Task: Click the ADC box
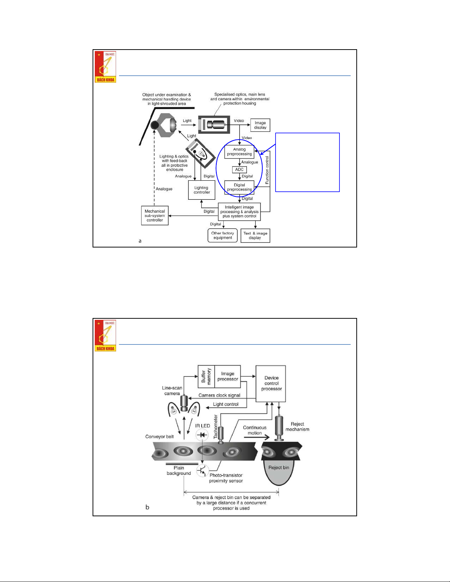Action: click(x=239, y=170)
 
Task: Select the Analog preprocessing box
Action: click(x=239, y=152)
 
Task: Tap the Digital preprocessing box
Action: click(x=239, y=187)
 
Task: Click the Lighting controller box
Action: click(x=202, y=190)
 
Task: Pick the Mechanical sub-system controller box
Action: click(x=155, y=216)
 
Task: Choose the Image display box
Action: click(x=260, y=125)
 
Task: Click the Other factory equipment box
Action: click(x=223, y=235)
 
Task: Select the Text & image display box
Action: click(x=255, y=235)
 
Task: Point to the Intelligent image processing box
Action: click(x=240, y=212)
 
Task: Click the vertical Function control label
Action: click(x=267, y=170)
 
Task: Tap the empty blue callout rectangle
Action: click(x=307, y=162)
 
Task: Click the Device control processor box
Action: click(x=271, y=383)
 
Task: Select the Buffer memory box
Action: click(x=206, y=376)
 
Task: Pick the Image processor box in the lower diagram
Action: click(x=228, y=376)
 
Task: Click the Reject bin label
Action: click(x=278, y=467)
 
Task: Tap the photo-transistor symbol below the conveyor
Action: click(x=202, y=470)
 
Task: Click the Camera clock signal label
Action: click(x=219, y=395)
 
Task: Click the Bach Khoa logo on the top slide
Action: click(x=105, y=67)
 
